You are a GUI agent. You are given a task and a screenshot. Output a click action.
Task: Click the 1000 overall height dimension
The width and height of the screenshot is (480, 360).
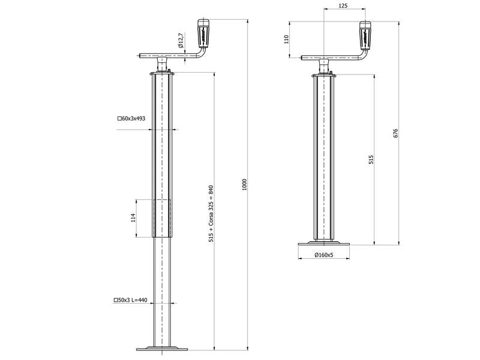(x=244, y=184)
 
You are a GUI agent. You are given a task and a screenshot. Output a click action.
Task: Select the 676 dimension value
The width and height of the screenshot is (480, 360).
(x=395, y=133)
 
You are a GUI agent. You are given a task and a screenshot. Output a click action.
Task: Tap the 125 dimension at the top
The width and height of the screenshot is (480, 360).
(x=343, y=5)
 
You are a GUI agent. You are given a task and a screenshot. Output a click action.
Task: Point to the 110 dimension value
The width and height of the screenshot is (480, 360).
(x=287, y=39)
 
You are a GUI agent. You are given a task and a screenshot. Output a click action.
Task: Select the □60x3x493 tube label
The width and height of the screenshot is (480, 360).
(x=131, y=118)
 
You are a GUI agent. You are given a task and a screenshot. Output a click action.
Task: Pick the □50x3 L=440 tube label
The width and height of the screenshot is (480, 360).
(x=130, y=300)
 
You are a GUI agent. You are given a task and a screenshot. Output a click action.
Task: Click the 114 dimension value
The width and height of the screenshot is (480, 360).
(x=133, y=218)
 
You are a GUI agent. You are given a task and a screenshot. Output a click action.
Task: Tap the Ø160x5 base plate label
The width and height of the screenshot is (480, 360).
(x=323, y=254)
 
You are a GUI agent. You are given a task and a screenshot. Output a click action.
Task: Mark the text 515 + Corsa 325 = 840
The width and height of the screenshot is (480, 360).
(x=211, y=214)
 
